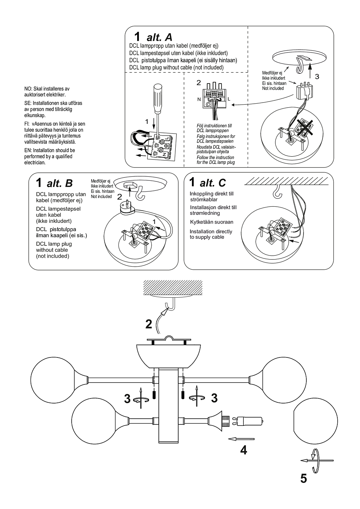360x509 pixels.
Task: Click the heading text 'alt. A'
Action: point(159,37)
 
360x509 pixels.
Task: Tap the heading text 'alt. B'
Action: point(60,183)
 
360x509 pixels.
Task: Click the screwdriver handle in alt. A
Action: point(157,94)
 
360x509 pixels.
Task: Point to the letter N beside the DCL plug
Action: point(199,99)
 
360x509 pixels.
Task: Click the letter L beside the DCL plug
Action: point(229,99)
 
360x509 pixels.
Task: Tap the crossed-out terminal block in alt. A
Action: point(303,128)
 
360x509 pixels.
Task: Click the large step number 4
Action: point(244,450)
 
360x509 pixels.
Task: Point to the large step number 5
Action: point(303,479)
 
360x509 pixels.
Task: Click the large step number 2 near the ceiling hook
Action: point(149,324)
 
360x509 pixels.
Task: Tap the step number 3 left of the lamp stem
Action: point(127,398)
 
